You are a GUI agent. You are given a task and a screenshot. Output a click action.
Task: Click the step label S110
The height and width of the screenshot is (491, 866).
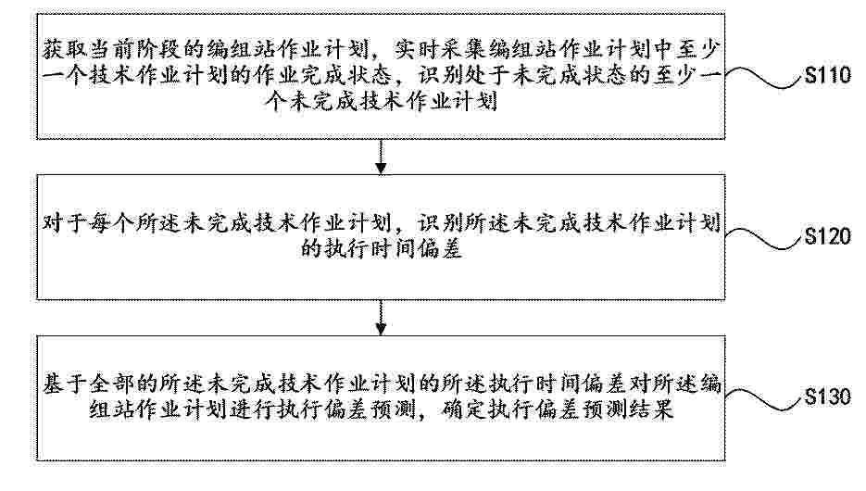click(x=828, y=74)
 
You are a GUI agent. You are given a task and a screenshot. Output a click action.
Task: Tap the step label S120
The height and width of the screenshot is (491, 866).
click(x=828, y=236)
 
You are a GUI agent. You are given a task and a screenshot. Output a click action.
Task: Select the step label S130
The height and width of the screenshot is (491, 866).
click(x=828, y=397)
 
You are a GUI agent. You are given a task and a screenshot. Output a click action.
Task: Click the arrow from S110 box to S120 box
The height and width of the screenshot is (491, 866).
click(x=381, y=157)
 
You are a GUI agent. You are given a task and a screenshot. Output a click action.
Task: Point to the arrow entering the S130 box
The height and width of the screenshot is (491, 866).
click(x=381, y=318)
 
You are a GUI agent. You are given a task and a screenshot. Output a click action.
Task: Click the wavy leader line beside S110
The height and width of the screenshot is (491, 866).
click(x=763, y=77)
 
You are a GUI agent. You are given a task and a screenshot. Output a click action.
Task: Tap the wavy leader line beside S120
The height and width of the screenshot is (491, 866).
click(x=763, y=239)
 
